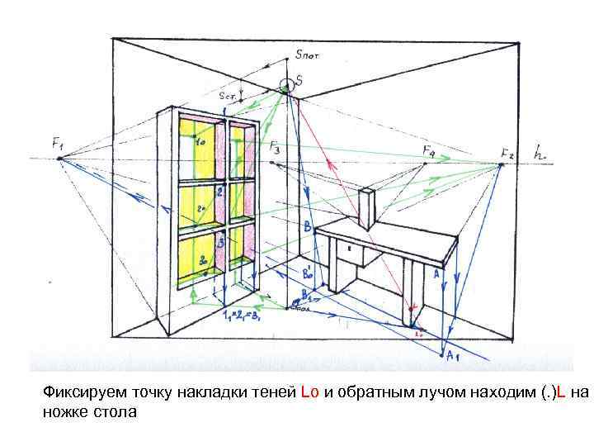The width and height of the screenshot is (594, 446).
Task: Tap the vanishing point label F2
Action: click(x=507, y=154)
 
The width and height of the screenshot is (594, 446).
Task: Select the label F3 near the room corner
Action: click(x=274, y=148)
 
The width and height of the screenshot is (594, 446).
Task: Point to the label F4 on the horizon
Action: click(x=429, y=152)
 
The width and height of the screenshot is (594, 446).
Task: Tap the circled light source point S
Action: click(x=286, y=83)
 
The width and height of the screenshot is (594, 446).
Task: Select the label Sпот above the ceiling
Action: click(x=307, y=55)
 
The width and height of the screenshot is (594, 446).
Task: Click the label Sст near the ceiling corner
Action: click(x=228, y=96)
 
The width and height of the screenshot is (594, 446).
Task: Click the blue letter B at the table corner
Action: click(x=307, y=225)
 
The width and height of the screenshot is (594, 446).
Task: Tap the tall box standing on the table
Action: click(x=367, y=209)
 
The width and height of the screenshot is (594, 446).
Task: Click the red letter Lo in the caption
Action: click(x=309, y=392)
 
